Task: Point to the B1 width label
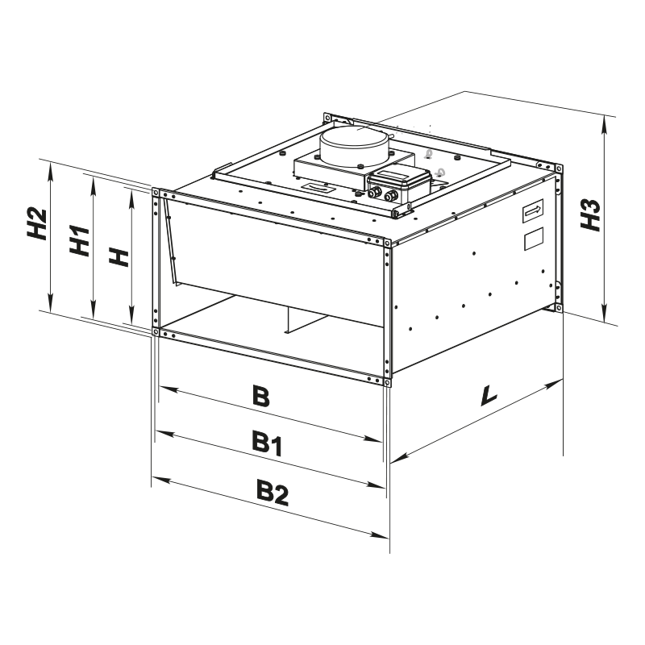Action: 268,442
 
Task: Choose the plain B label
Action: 260,397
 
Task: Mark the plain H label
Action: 118,257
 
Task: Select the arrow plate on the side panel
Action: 532,211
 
